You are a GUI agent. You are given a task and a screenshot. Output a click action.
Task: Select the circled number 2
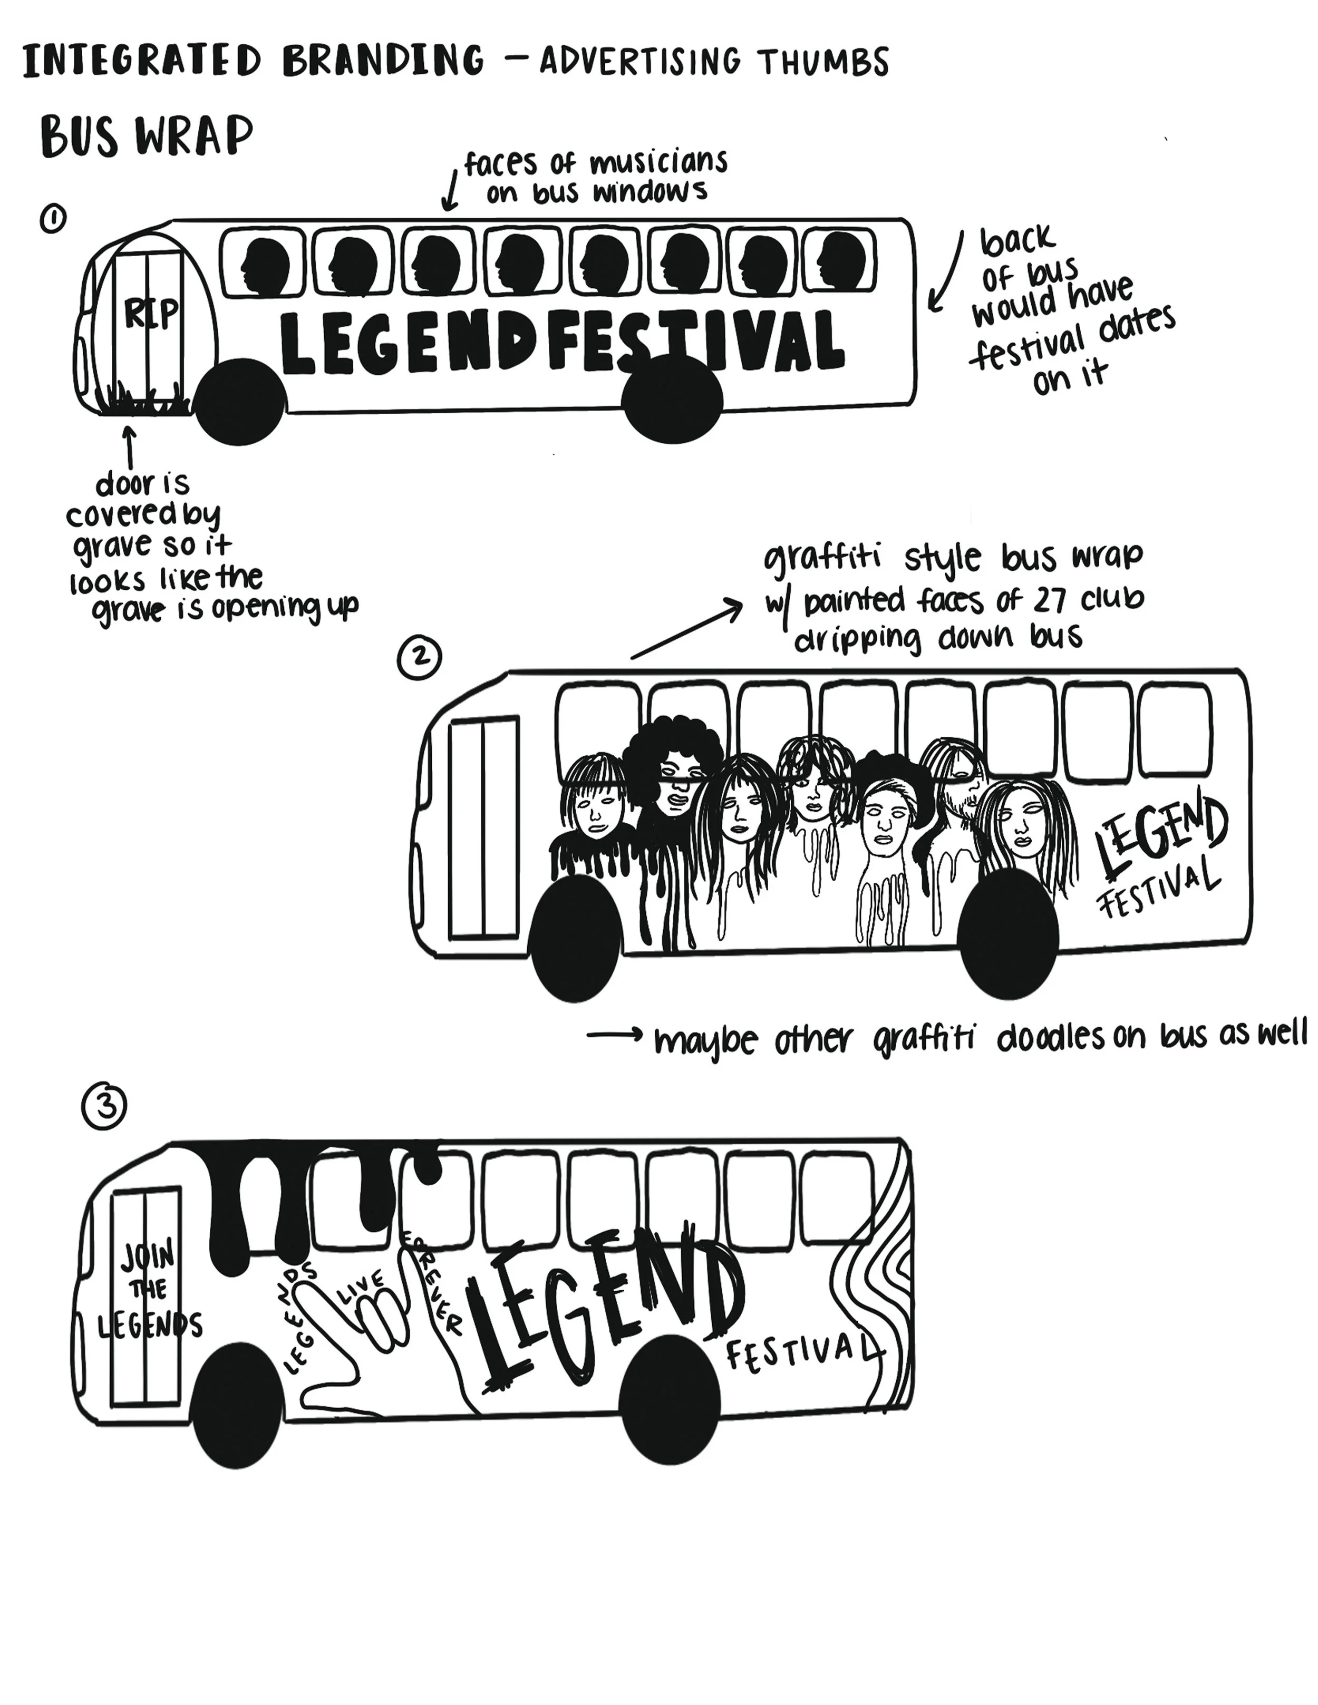point(419,658)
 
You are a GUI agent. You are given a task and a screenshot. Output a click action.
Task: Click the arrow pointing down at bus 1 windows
point(450,191)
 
